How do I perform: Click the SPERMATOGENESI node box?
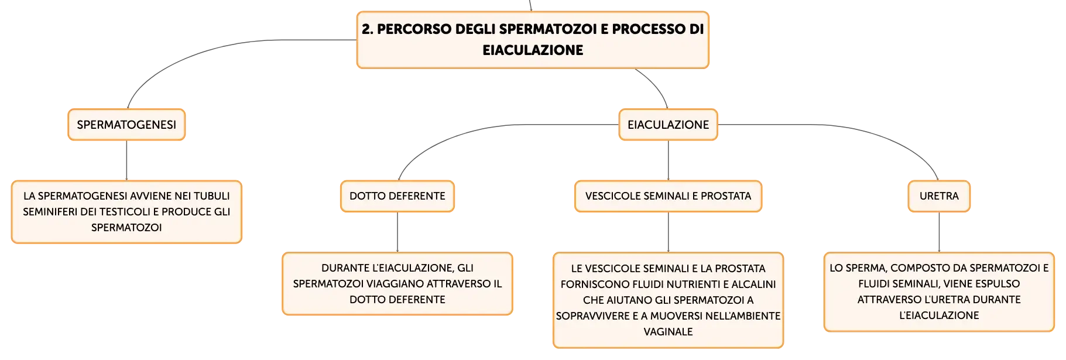pyautogui.click(x=126, y=125)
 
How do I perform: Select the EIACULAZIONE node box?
pyautogui.click(x=668, y=125)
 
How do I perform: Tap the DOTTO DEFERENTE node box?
pyautogui.click(x=397, y=196)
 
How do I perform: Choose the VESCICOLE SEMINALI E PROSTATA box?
pyautogui.click(x=668, y=196)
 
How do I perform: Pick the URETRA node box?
pyautogui.click(x=939, y=196)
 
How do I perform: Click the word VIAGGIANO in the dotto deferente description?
pyautogui.click(x=394, y=284)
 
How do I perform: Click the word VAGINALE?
pyautogui.click(x=668, y=332)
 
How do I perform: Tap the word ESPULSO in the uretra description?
pyautogui.click(x=999, y=284)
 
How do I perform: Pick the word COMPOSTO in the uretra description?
pyautogui.click(x=917, y=268)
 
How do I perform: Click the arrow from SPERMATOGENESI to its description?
pyautogui.click(x=126, y=160)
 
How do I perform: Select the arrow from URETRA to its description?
pyautogui.click(x=939, y=232)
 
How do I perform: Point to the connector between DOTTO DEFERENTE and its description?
pyautogui.click(x=397, y=232)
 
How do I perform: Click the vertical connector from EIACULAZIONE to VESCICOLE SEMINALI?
pyautogui.click(x=668, y=160)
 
